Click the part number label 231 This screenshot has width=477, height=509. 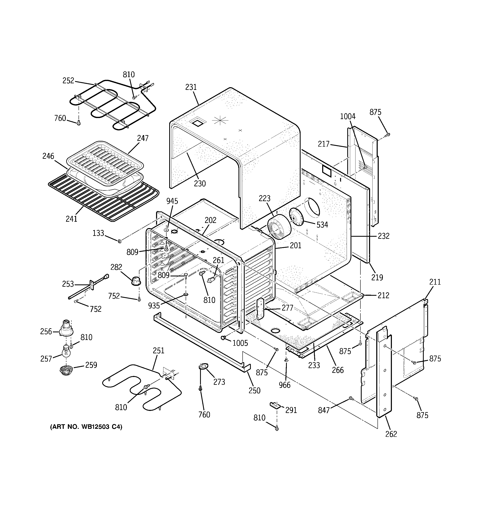point(191,87)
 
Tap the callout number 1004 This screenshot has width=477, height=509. point(347,116)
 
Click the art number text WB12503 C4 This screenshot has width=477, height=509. point(86,427)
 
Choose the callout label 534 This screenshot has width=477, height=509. point(322,225)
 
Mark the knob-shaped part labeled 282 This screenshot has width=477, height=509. point(136,280)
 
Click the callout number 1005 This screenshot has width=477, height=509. point(240,343)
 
